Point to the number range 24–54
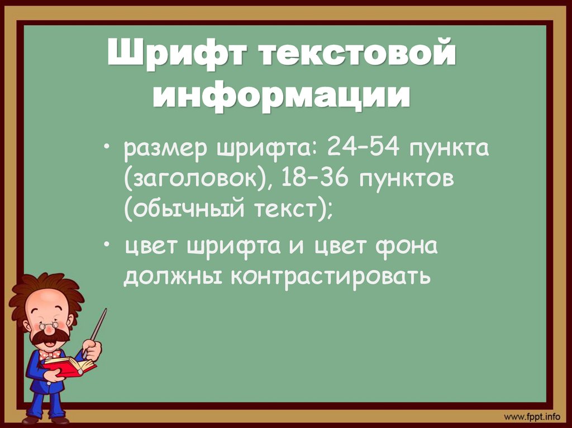coord(364,150)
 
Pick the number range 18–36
coord(313,180)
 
